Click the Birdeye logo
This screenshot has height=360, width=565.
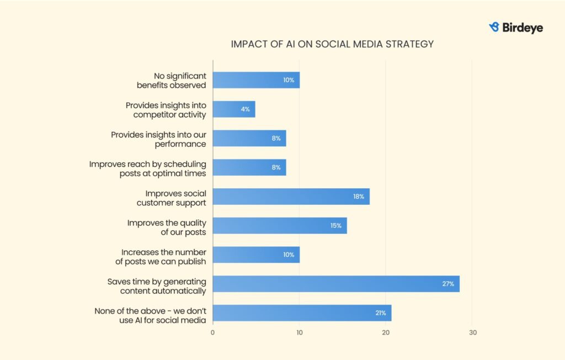tap(516, 27)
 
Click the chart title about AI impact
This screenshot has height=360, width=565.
tap(332, 44)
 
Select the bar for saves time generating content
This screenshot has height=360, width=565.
tap(336, 284)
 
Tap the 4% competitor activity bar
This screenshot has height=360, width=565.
tap(234, 109)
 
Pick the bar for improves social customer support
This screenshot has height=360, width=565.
tap(291, 197)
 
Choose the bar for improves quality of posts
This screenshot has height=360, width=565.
tap(280, 225)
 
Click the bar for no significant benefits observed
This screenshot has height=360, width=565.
tap(256, 80)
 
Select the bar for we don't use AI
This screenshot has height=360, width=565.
tap(302, 313)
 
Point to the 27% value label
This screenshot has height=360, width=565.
tap(447, 284)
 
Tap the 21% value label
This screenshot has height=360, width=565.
tap(381, 313)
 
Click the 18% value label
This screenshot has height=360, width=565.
tap(359, 197)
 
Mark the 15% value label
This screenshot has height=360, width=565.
tap(336, 225)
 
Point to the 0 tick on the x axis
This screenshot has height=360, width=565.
tap(213, 332)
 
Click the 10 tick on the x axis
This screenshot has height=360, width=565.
tap(299, 332)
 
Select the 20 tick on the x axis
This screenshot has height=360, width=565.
tap(386, 332)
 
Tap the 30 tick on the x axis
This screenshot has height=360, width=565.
tap(472, 332)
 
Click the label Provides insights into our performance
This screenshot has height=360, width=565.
tap(158, 139)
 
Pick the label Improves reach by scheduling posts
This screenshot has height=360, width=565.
tap(148, 168)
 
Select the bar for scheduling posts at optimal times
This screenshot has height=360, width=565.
tap(249, 167)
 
